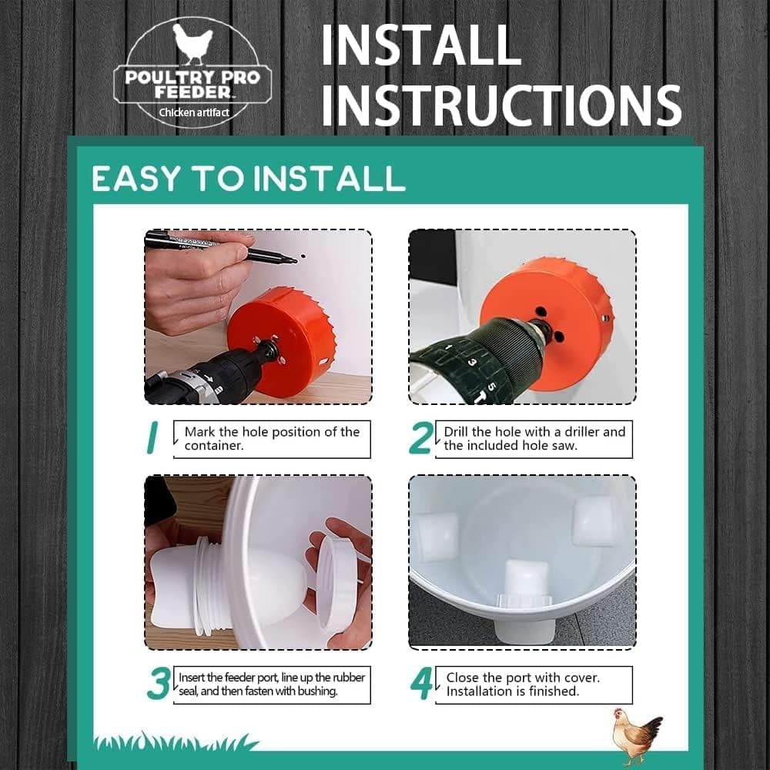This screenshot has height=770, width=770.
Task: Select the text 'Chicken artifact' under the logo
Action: point(193,112)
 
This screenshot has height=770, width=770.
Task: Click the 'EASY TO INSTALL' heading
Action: point(248,178)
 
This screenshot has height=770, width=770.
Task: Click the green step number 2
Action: point(420,439)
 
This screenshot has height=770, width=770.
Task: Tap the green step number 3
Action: point(158,685)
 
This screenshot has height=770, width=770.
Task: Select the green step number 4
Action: point(420,685)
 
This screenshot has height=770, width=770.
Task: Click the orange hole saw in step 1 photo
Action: point(281,339)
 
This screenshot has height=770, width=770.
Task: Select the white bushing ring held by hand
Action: point(336,581)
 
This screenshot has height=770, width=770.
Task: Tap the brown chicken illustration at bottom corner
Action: point(636,735)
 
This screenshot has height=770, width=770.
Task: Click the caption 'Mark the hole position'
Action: point(272,439)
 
